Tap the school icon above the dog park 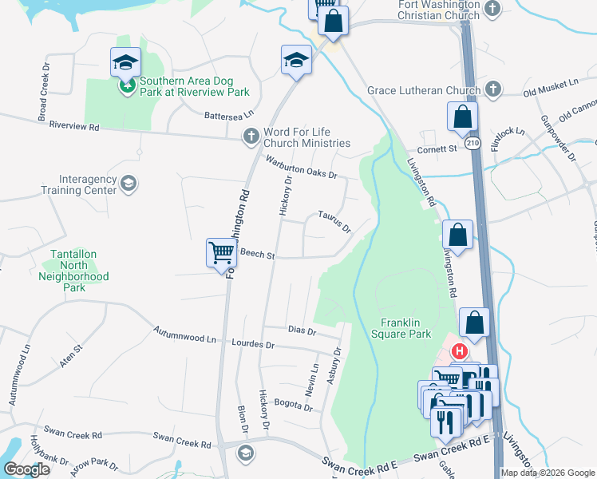pos(125,62)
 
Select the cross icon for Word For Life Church pos(251,136)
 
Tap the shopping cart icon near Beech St pos(221,252)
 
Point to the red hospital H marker pos(460,350)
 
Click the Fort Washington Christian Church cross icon pos(492,10)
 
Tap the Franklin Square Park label pos(405,328)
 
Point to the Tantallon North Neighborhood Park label pos(73,271)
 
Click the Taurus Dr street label pos(334,221)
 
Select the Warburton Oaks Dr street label pos(302,168)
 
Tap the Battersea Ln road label pos(228,115)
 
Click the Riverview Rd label pos(73,126)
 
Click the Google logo pos(26,469)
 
